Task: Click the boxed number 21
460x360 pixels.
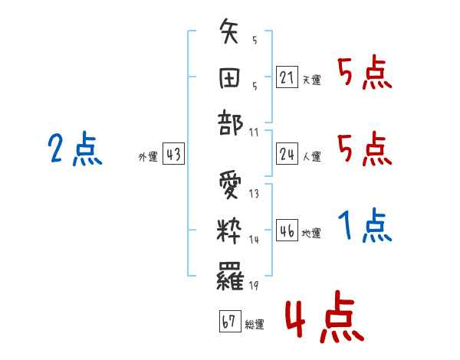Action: [287, 78]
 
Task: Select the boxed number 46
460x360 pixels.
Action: [287, 231]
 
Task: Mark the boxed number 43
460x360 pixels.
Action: [173, 155]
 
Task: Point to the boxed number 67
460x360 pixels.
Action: [229, 322]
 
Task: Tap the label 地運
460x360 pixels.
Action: [311, 234]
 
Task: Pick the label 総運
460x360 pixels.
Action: [255, 324]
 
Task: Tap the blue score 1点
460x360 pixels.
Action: [364, 226]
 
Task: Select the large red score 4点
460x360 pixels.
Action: [323, 320]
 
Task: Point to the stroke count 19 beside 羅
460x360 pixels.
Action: [254, 286]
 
